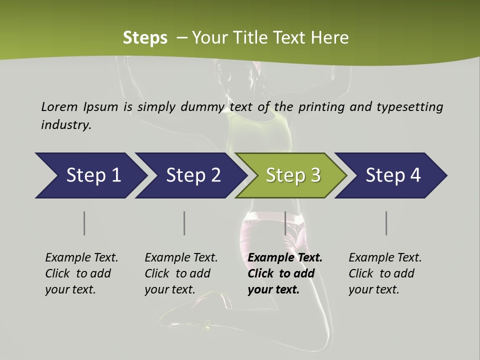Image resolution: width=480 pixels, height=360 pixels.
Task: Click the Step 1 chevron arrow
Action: tap(90, 175)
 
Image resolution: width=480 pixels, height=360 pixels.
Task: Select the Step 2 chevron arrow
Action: tap(190, 175)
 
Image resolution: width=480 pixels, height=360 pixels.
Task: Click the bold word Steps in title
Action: tap(145, 37)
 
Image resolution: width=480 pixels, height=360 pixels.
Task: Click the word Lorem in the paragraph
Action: tap(59, 106)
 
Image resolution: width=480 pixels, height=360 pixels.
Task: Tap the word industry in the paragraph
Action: tap(66, 124)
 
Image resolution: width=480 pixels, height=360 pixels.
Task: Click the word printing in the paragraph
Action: tap(321, 107)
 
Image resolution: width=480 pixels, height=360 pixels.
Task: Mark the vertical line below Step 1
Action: tap(84, 223)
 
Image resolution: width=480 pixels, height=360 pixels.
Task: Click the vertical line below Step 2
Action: tap(184, 223)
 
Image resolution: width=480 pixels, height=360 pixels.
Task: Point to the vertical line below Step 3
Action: tap(285, 223)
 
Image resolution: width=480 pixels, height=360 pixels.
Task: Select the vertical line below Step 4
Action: tap(386, 223)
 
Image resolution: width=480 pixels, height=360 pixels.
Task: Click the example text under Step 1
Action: tap(81, 273)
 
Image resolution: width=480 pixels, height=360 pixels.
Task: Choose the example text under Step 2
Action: tap(181, 273)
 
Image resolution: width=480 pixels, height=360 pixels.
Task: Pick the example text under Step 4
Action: tap(385, 273)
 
